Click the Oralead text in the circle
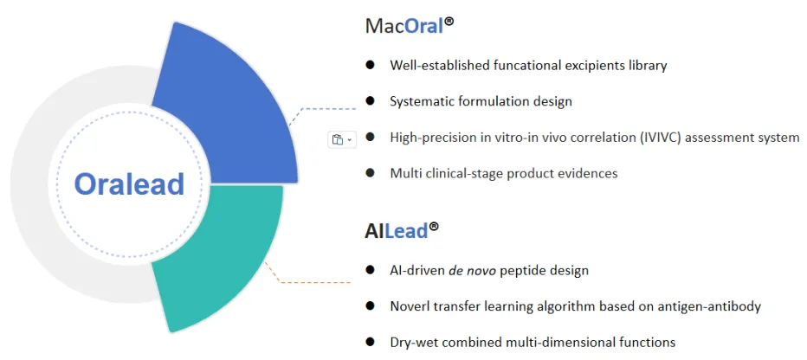coord(129,183)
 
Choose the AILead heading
coord(402,231)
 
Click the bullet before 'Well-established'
coord(370,65)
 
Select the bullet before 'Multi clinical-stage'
coord(370,173)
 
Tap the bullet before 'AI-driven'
coord(370,271)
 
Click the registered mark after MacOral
coord(449,22)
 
